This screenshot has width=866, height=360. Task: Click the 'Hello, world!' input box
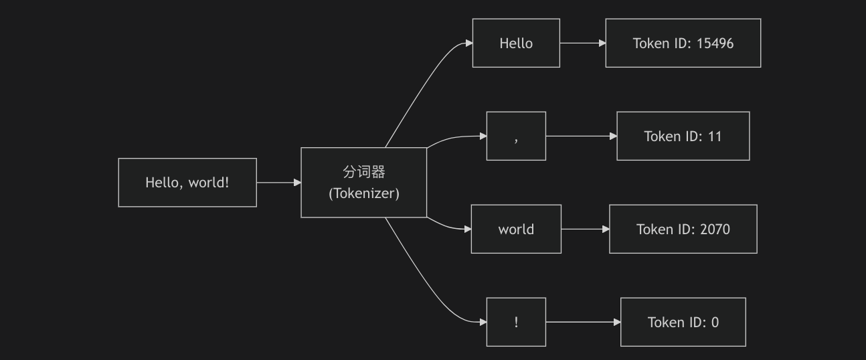pyautogui.click(x=187, y=183)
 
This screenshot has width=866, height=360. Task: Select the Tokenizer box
pyautogui.click(x=364, y=183)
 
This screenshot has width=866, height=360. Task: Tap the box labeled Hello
pyautogui.click(x=516, y=43)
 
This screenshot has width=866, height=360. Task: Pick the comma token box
pyautogui.click(x=516, y=136)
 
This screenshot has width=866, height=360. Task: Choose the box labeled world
pyautogui.click(x=516, y=229)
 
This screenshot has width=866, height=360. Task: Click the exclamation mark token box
pyautogui.click(x=516, y=322)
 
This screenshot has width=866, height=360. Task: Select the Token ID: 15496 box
pyautogui.click(x=683, y=43)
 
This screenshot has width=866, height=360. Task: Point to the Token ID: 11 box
pyautogui.click(x=683, y=136)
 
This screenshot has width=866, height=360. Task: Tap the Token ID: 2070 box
pyautogui.click(x=683, y=229)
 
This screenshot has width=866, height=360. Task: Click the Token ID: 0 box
pyautogui.click(x=683, y=322)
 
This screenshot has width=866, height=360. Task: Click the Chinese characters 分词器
pyautogui.click(x=364, y=172)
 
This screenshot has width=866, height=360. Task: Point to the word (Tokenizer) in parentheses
pyautogui.click(x=364, y=193)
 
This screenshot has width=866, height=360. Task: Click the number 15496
pyautogui.click(x=715, y=43)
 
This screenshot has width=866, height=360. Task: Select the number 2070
pyautogui.click(x=715, y=230)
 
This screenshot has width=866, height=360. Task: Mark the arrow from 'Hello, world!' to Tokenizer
pyautogui.click(x=279, y=183)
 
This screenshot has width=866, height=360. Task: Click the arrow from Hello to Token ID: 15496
pyautogui.click(x=583, y=43)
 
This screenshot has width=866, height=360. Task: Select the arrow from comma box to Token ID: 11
pyautogui.click(x=582, y=136)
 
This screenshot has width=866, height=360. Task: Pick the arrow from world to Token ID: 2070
pyautogui.click(x=586, y=230)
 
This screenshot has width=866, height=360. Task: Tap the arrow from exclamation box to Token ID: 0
pyautogui.click(x=584, y=322)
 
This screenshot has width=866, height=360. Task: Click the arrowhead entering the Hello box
pyautogui.click(x=469, y=43)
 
